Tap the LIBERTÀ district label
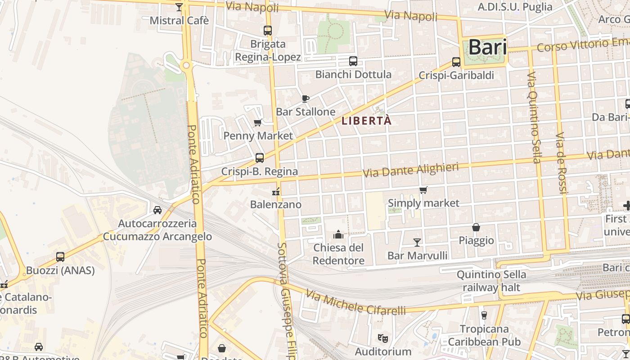point(367,121)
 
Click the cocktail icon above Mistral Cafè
point(179,7)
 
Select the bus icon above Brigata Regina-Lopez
point(268,31)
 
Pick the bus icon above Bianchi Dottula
point(353,61)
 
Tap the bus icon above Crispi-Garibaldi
point(456,62)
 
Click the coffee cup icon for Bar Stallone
point(306,99)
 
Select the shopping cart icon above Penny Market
point(258,122)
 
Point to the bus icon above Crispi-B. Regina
point(260,158)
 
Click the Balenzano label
point(276,204)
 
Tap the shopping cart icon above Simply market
point(423,190)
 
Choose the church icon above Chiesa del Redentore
point(338,234)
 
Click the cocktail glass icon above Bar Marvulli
point(417,243)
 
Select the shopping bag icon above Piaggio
point(476,227)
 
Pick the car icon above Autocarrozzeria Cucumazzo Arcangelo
point(157,210)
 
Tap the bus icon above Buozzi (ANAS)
point(60,257)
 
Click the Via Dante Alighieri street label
point(411,170)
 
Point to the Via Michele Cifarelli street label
point(355,302)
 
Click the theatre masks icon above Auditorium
point(383,337)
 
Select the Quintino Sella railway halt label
point(491,281)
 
